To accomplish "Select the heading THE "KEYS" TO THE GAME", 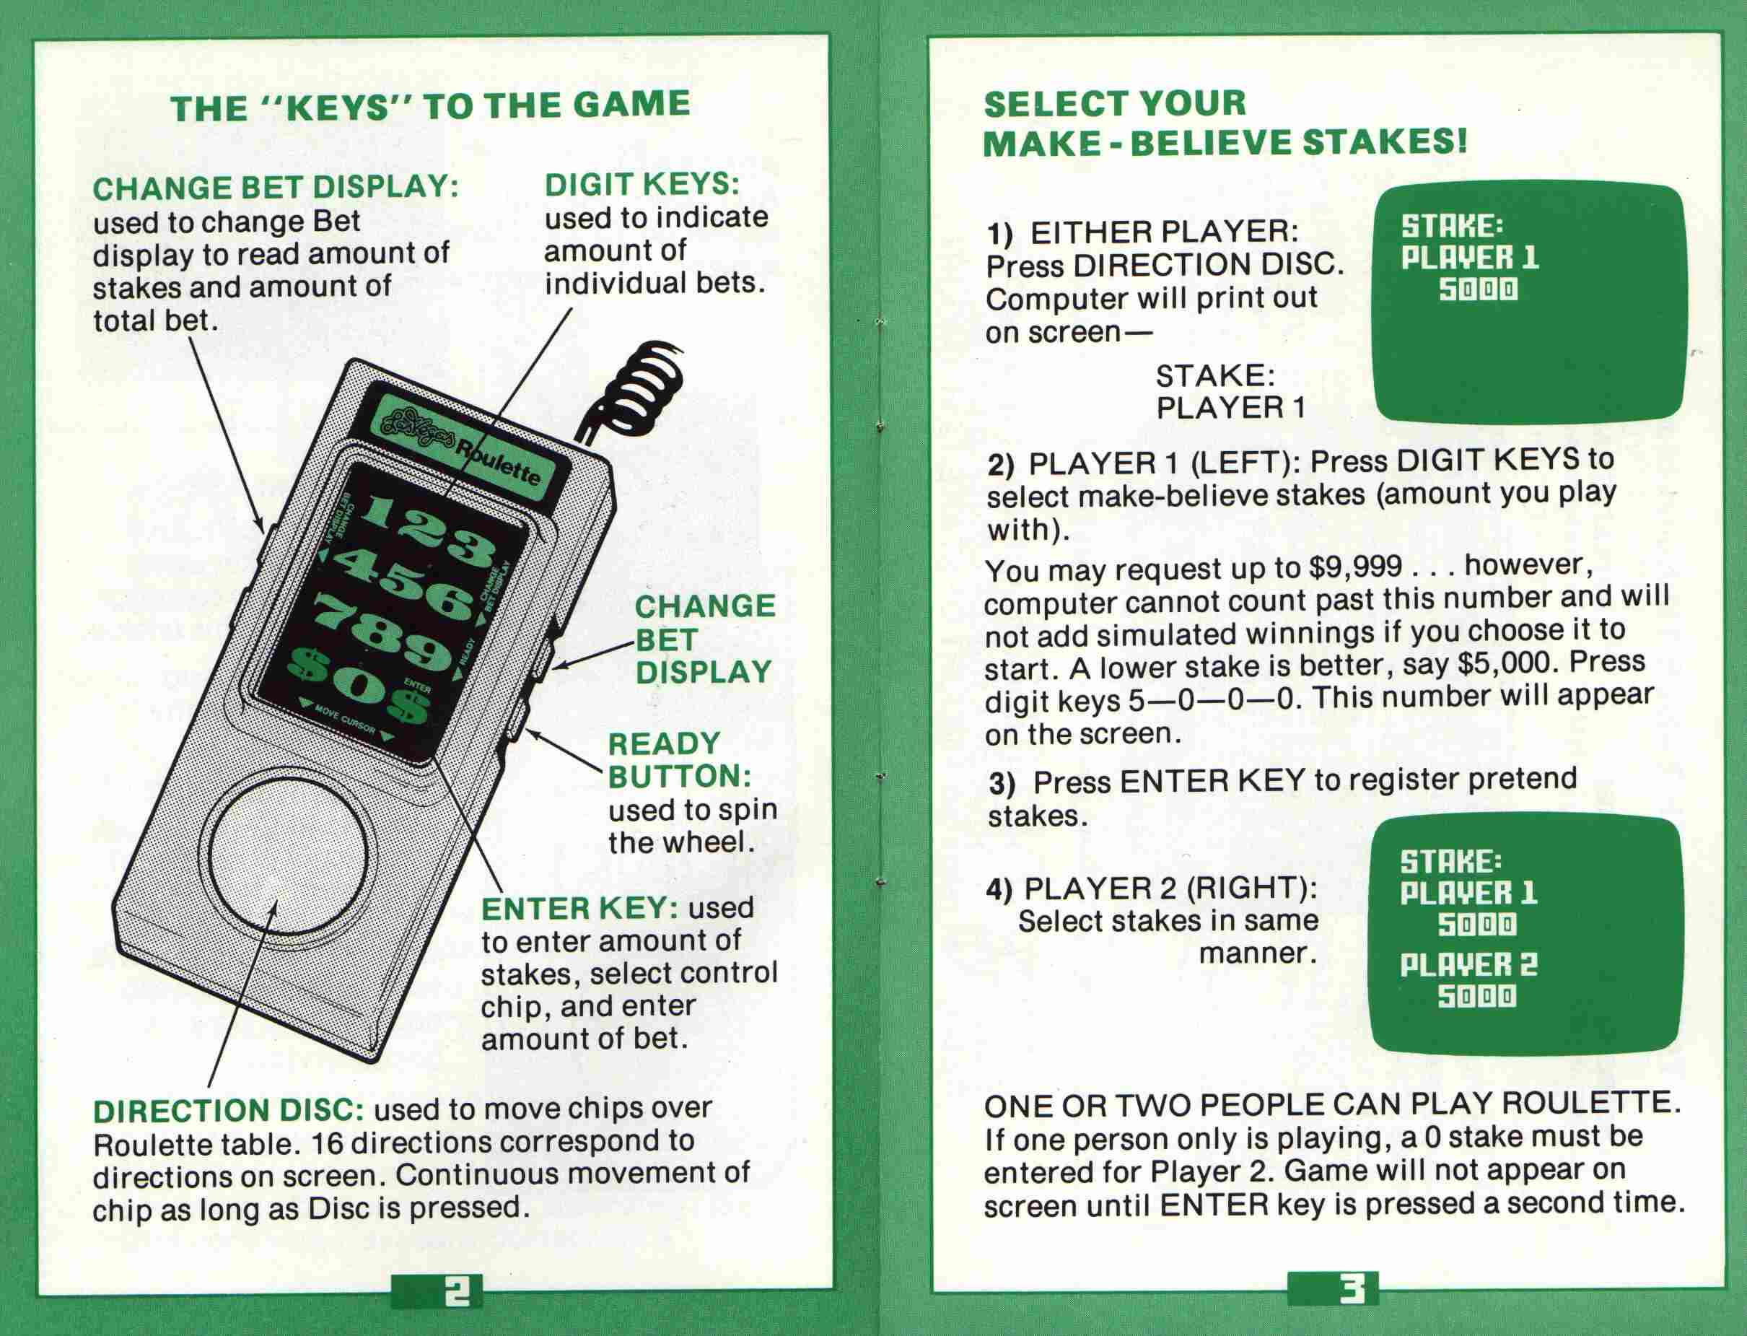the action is [430, 107].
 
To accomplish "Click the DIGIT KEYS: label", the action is [642, 185].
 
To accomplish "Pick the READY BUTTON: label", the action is [680, 759].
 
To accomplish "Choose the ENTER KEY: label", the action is [579, 908].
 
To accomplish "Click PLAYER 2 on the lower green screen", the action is [1468, 964].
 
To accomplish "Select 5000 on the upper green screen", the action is [1479, 290].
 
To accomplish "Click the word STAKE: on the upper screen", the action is [1452, 226].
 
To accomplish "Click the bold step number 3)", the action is [1003, 783].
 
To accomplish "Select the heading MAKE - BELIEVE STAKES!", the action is [1225, 143].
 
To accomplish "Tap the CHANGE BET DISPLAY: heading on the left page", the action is [276, 188].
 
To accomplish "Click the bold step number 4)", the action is [999, 889].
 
